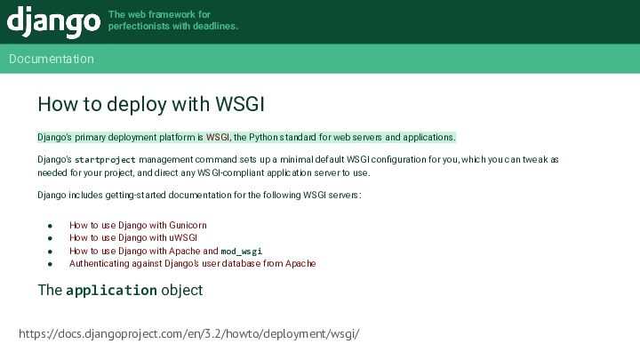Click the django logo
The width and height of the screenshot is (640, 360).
(53, 21)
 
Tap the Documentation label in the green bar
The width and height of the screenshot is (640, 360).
(52, 59)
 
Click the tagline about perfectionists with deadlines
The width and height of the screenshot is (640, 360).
(173, 20)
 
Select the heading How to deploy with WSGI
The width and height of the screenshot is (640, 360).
(151, 104)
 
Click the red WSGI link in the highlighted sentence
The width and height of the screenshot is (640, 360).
(218, 137)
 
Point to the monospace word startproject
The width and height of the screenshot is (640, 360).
(105, 160)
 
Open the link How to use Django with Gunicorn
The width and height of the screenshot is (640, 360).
(138, 225)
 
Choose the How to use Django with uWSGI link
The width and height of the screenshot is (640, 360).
(133, 237)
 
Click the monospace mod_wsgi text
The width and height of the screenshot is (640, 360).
(241, 252)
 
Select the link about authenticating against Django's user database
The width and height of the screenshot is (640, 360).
(192, 264)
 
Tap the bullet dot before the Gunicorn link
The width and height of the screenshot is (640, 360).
(50, 226)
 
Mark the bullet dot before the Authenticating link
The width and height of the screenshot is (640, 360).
(50, 264)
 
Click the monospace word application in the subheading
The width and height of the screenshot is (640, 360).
(111, 290)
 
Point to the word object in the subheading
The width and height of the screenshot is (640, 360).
(181, 290)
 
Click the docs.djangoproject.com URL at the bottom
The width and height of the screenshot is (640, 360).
(189, 334)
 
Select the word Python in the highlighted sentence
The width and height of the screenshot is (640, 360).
(264, 137)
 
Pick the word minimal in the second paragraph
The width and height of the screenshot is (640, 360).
(296, 160)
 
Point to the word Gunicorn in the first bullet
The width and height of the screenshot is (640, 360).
(188, 225)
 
